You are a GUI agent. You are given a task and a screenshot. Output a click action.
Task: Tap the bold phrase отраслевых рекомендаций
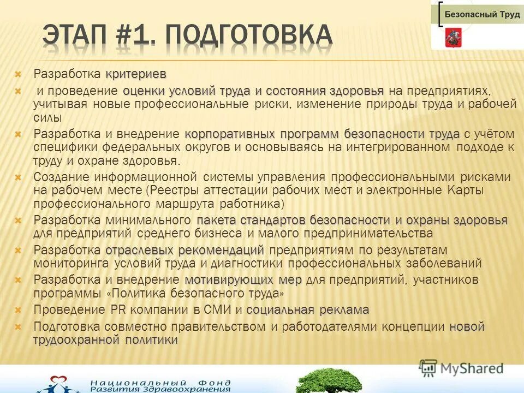[x=184, y=251]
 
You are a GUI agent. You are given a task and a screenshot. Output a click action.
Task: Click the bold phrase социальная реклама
[x=307, y=310]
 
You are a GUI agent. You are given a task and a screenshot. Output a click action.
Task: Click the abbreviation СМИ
[x=219, y=310]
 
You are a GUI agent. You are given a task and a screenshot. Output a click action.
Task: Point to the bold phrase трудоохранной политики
[x=105, y=340]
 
